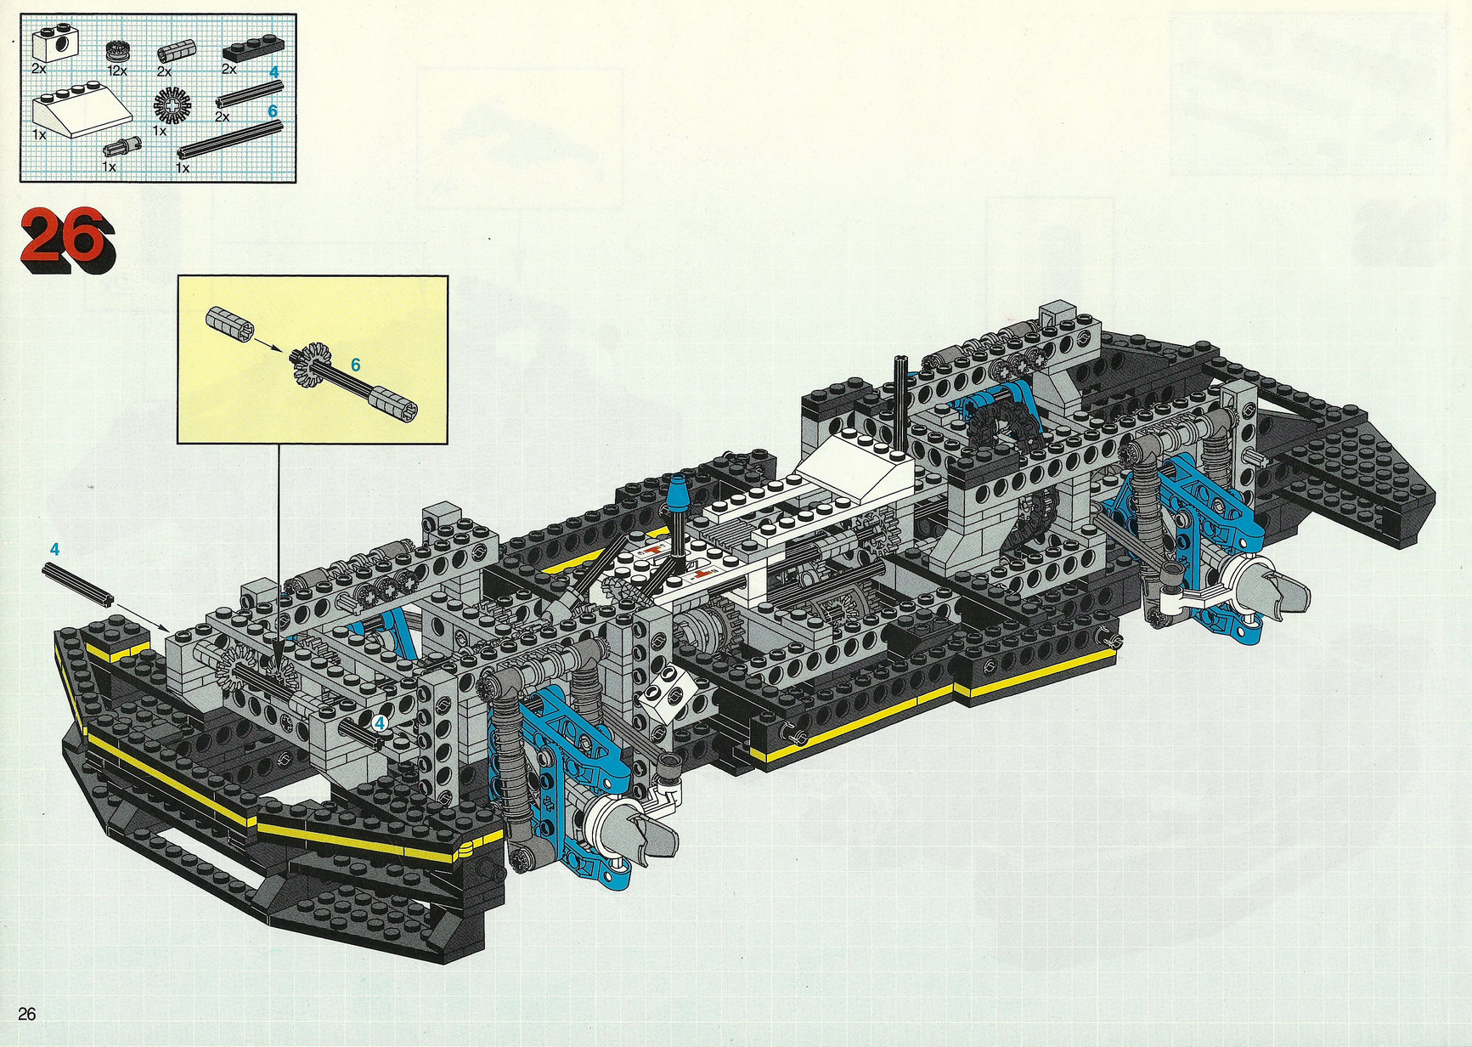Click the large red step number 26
[x=67, y=240]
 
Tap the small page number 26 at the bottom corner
[x=27, y=1014]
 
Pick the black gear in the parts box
[x=173, y=106]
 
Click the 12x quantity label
[x=117, y=71]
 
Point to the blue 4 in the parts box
[x=274, y=72]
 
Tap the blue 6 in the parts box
[x=273, y=111]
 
